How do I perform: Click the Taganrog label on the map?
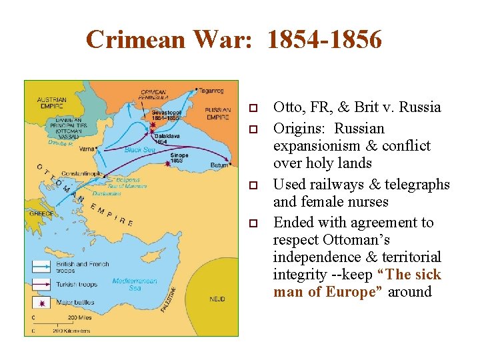point(211,91)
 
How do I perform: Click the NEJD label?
point(217,299)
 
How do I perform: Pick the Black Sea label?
point(139,150)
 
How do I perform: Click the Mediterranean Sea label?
point(135,285)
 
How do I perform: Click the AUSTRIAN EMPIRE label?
point(51,103)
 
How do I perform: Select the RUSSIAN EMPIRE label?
point(217,113)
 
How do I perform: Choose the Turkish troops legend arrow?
point(43,284)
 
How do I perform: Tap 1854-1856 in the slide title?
point(325,40)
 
